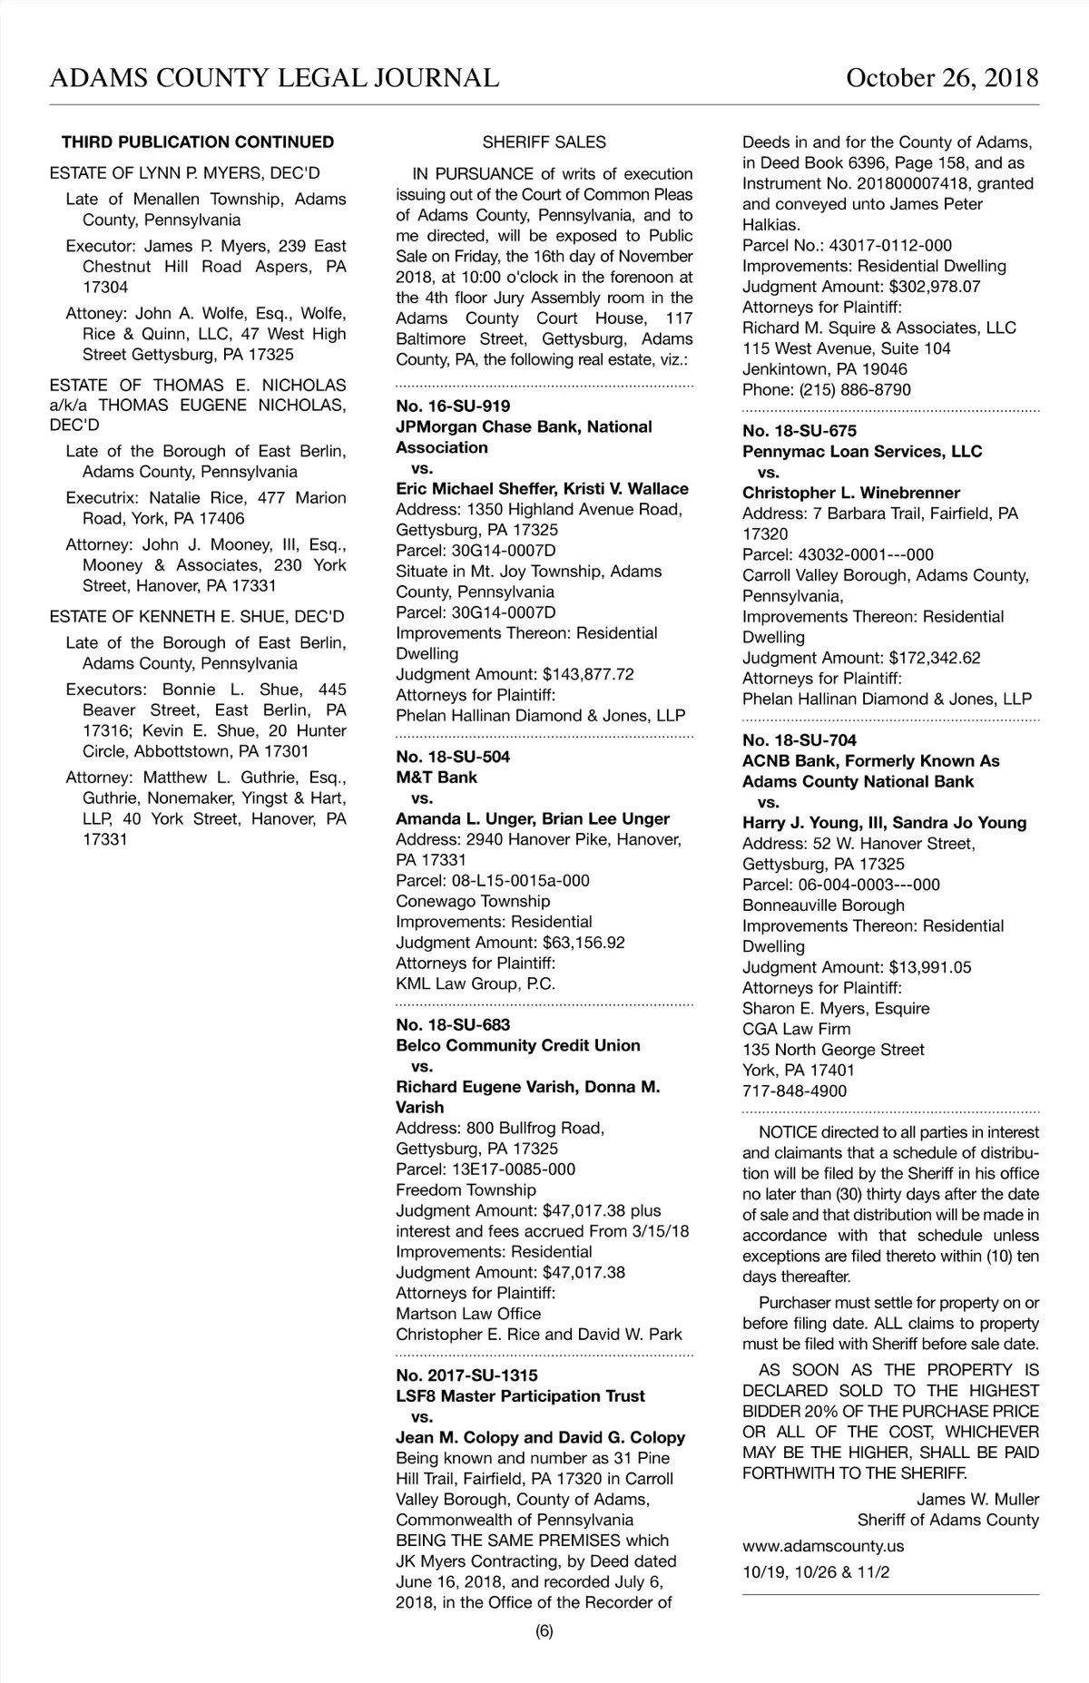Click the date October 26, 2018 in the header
pos(941,78)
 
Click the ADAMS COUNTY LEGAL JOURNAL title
pos(274,78)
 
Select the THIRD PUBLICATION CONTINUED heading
pos(198,142)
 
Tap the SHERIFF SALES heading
pos(544,142)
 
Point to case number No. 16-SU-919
pos(453,406)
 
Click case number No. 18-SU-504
pos(453,757)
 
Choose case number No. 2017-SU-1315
pos(466,1375)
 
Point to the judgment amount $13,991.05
pos(929,967)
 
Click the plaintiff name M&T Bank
pos(437,778)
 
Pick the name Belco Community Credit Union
pos(518,1045)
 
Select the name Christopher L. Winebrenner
pos(850,493)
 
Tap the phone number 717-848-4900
pos(794,1091)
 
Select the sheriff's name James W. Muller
pos(977,1499)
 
